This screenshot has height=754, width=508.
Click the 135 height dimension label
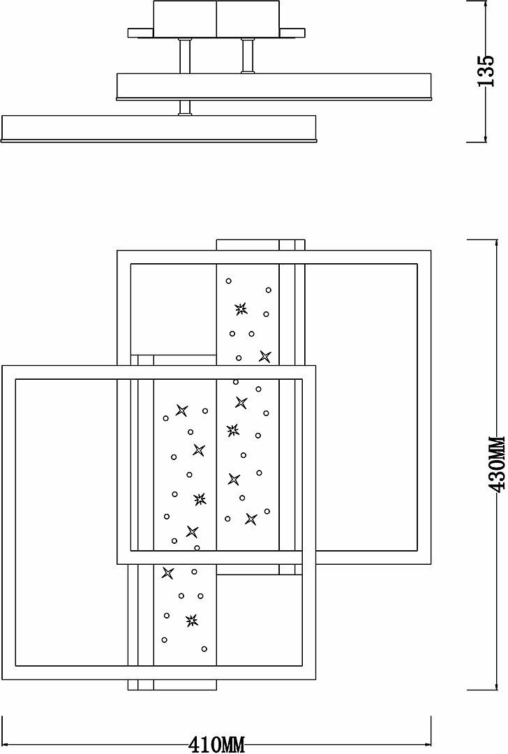click(486, 72)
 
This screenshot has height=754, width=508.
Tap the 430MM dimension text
click(496, 464)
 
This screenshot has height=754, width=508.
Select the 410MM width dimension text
click(217, 744)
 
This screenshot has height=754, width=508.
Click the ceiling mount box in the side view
click(217, 18)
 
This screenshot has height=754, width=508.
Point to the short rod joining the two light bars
click(184, 107)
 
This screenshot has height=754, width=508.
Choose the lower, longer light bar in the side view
click(159, 128)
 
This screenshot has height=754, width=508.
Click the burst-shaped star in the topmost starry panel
click(241, 309)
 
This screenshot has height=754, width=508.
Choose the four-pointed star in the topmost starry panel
click(264, 357)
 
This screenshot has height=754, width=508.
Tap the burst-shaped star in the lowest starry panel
click(191, 619)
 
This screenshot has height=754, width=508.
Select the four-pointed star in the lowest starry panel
click(167, 573)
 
